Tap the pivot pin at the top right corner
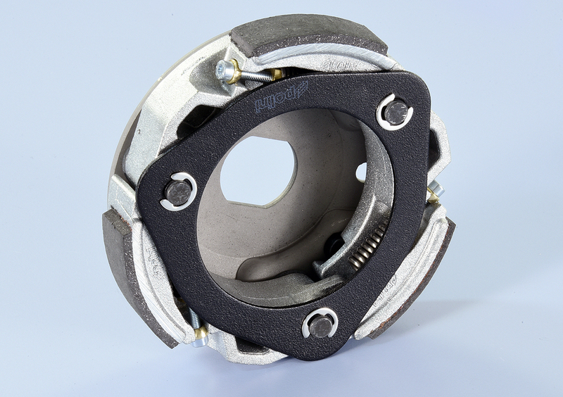396,113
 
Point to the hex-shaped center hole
258,169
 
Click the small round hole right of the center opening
362,172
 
